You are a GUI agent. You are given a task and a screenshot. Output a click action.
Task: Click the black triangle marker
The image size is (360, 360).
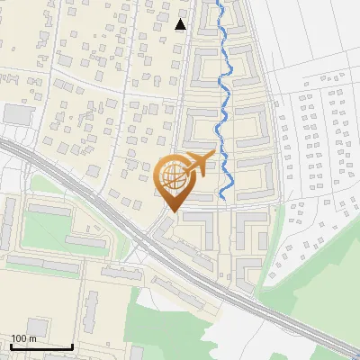181,24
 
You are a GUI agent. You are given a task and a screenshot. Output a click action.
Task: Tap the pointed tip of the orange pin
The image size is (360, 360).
173,211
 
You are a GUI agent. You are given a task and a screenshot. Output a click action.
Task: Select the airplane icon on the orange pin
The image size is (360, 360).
199,163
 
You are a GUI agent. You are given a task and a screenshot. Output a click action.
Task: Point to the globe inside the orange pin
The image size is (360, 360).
172,176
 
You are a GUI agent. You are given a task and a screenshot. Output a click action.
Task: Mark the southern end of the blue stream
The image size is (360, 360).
222,198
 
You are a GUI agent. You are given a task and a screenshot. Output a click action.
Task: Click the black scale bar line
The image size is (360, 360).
41,347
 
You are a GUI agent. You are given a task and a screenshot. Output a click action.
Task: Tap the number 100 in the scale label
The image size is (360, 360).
19,338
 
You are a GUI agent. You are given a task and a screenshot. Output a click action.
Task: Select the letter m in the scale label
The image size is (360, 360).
32,338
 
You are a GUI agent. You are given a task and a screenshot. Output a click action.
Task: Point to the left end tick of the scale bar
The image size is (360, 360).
11,346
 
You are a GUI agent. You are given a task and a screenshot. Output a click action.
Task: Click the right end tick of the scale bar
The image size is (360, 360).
72,346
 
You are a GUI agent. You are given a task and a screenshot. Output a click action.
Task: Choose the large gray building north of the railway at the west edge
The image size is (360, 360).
18,114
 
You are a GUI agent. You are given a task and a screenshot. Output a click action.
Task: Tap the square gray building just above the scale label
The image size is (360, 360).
37,325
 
